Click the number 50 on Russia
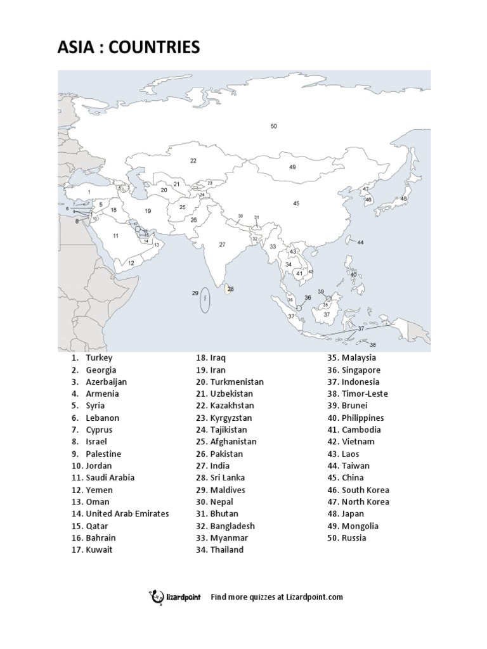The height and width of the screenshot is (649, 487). pyautogui.click(x=274, y=126)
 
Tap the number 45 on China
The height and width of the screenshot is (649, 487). pyautogui.click(x=296, y=203)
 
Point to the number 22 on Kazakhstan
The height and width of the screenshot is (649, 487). pyautogui.click(x=193, y=161)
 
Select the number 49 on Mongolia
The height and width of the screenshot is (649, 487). pyautogui.click(x=292, y=167)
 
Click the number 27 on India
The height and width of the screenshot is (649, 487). pyautogui.click(x=223, y=244)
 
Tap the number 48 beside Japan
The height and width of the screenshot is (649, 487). pyautogui.click(x=404, y=198)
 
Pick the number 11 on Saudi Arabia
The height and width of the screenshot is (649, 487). pyautogui.click(x=116, y=236)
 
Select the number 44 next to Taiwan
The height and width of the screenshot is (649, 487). pyautogui.click(x=360, y=243)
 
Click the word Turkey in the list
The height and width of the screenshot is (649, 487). pyautogui.click(x=99, y=357)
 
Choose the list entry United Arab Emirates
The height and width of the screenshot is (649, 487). pyautogui.click(x=127, y=513)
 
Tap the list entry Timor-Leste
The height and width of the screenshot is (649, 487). pyautogui.click(x=365, y=394)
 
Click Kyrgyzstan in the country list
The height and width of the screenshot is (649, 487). pyautogui.click(x=231, y=418)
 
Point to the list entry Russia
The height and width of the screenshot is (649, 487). pyautogui.click(x=354, y=537)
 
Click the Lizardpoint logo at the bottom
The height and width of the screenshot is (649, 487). pyautogui.click(x=174, y=596)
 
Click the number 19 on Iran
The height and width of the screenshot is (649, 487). pyautogui.click(x=148, y=211)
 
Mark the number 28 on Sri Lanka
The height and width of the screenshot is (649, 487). pyautogui.click(x=231, y=289)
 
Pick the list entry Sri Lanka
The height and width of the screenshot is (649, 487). pyautogui.click(x=228, y=477)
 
